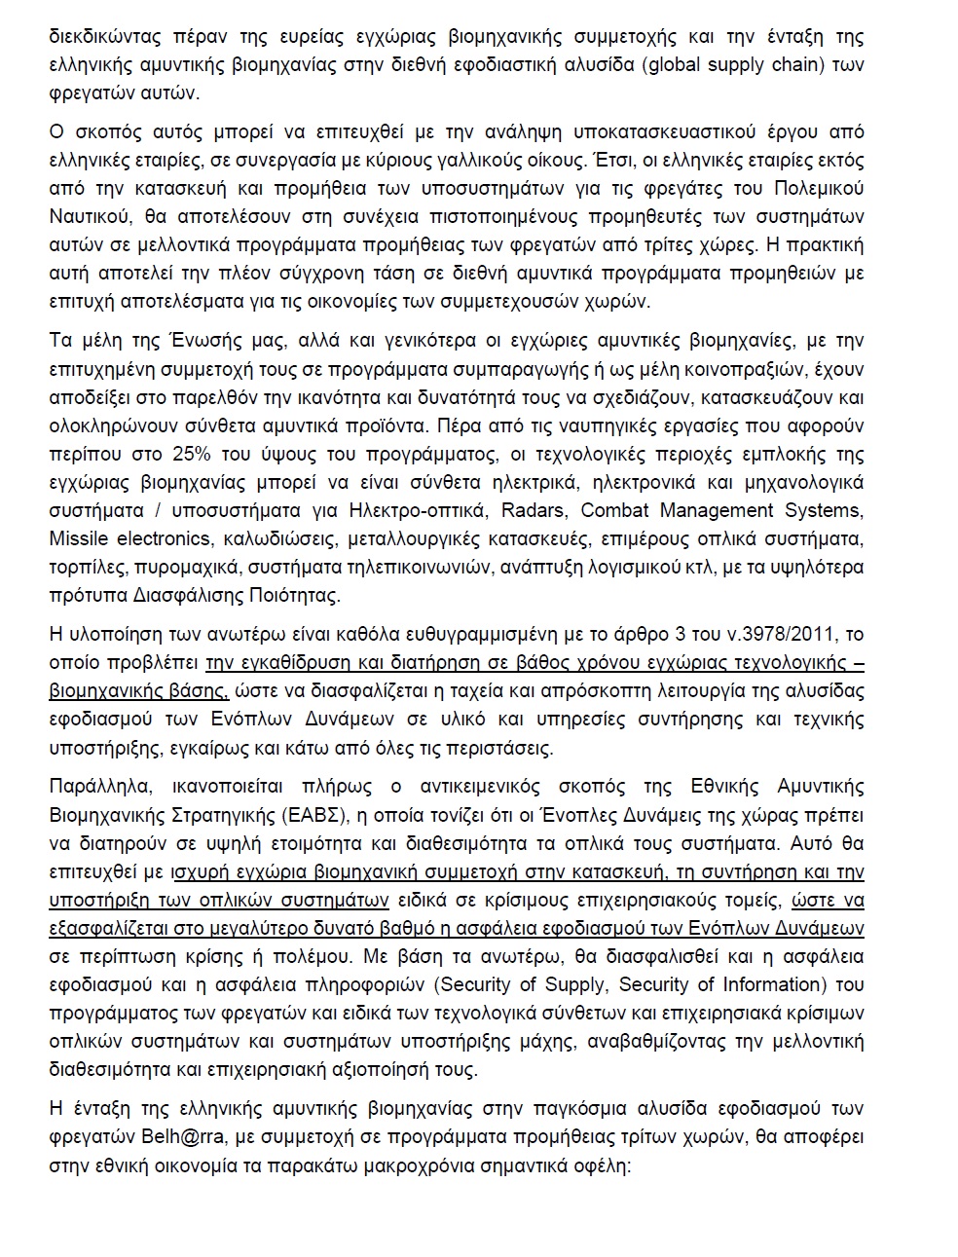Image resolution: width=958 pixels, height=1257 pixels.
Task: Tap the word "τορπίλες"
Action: (x=84, y=568)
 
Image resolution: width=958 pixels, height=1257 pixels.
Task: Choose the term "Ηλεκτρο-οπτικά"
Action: (x=432, y=511)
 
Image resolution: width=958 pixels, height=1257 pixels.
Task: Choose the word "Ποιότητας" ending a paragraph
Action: (x=295, y=596)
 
